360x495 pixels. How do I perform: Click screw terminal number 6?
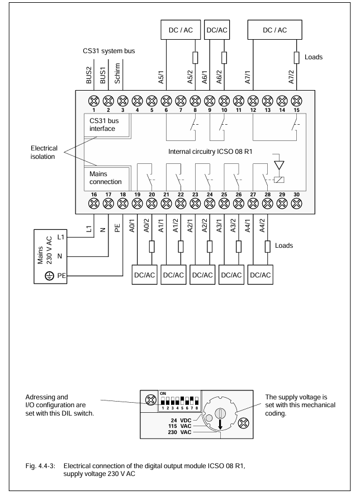pos(166,101)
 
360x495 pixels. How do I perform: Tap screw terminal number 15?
pos(296,101)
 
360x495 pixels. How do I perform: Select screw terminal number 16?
pos(94,203)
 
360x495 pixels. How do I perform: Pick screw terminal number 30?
pos(296,203)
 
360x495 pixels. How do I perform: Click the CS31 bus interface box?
pos(107,125)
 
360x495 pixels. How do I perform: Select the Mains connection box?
pos(107,178)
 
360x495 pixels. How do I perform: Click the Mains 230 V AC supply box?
pos(50,256)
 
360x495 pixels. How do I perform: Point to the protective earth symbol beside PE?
pos(49,276)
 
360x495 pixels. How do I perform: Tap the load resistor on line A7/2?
pos(296,58)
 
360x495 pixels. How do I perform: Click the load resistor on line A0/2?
pos(151,247)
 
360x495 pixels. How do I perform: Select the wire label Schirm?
pos(117,73)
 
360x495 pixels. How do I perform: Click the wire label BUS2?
pos(89,75)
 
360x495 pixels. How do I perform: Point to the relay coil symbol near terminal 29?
pos(280,180)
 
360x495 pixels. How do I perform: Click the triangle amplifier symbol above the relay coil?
pos(280,165)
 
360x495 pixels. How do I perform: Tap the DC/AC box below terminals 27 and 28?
pos(260,275)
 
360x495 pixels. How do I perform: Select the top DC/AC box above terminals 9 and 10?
pos(217,30)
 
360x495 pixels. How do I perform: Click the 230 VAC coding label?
pos(179,432)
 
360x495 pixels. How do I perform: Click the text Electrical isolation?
pos(44,152)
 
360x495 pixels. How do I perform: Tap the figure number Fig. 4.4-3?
pos(40,466)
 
